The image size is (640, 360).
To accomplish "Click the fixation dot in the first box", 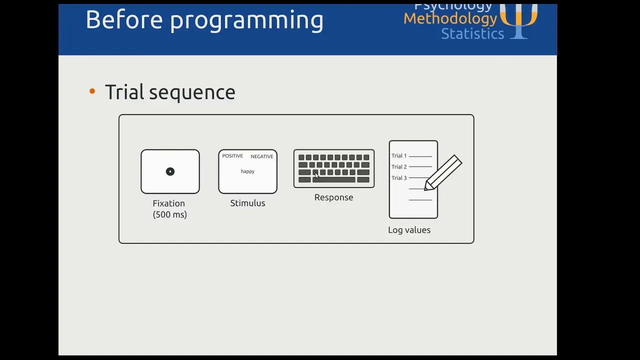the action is (x=170, y=171).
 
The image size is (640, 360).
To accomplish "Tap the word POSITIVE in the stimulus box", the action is (x=232, y=156).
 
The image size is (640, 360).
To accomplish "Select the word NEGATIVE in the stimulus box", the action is (x=262, y=156).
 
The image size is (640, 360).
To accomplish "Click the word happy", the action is (x=247, y=171).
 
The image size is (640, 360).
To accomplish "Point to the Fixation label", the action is (x=169, y=203).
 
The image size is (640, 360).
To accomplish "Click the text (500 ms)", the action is (x=169, y=214).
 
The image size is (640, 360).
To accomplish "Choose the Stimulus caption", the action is (x=247, y=203).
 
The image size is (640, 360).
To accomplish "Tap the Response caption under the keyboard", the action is (x=333, y=197).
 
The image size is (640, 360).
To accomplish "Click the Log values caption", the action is (x=409, y=230).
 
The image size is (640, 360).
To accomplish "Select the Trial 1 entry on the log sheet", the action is (x=399, y=155).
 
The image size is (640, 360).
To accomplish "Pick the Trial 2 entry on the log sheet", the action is (x=399, y=167).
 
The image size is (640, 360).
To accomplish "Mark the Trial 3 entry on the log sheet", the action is (x=399, y=178).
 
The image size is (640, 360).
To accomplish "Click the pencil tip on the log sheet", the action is (x=425, y=189).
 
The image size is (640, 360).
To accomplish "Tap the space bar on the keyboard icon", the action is (x=333, y=179).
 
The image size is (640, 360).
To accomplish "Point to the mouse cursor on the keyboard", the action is (x=316, y=175).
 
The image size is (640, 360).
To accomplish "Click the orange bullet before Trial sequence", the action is (x=92, y=91).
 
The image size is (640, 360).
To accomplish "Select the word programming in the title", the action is (x=247, y=20).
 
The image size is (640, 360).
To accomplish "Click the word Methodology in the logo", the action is (x=450, y=19).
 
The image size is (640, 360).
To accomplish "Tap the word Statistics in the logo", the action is (x=472, y=33).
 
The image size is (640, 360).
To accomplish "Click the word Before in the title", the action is (x=124, y=19).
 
